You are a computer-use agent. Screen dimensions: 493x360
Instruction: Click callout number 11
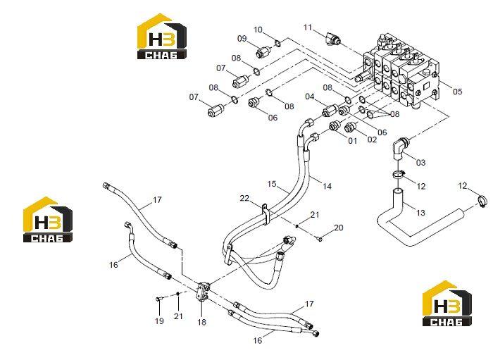(308, 27)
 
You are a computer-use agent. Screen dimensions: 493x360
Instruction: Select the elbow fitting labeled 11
(332, 39)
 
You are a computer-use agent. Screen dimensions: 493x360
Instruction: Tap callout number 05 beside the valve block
(458, 92)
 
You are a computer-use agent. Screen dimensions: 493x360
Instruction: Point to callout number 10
(258, 30)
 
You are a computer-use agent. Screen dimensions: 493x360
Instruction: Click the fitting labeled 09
(263, 51)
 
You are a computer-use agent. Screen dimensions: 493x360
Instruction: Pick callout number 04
(310, 97)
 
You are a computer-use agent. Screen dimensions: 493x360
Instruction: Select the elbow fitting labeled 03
(400, 147)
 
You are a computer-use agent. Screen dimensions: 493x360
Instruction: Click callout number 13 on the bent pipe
(420, 213)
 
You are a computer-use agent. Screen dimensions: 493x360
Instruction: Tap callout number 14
(327, 187)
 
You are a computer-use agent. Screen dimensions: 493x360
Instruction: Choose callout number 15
(272, 184)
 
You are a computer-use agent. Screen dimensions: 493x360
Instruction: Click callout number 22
(244, 199)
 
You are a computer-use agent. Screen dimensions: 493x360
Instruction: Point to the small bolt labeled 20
(320, 240)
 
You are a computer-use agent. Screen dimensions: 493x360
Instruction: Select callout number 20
(339, 228)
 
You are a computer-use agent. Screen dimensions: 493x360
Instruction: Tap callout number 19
(159, 321)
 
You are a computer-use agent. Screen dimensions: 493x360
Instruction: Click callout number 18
(202, 322)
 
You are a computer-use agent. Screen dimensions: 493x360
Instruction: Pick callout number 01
(353, 140)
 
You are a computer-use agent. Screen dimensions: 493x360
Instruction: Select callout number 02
(372, 139)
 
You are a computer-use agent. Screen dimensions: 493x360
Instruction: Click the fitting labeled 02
(349, 128)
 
